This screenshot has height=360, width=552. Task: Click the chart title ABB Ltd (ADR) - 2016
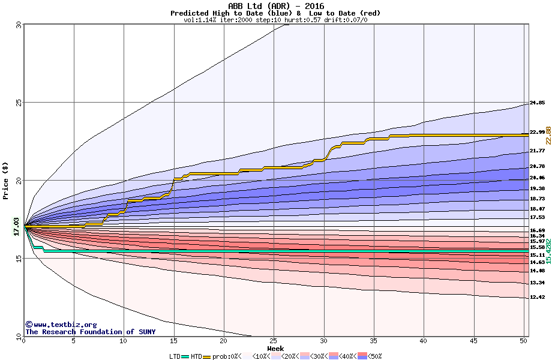tap(275, 6)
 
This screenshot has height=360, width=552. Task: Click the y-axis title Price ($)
tap(5, 181)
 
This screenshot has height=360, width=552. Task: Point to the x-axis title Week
tap(275, 349)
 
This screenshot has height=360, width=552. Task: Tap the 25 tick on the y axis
tap(18, 103)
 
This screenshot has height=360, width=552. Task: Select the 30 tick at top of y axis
tap(18, 25)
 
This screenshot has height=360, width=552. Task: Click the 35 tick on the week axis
tap(374, 341)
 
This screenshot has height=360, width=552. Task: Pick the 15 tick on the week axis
tap(173, 341)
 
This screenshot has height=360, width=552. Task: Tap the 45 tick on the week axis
tap(474, 341)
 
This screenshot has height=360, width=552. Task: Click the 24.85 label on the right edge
tap(537, 103)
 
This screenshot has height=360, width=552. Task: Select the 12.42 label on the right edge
tap(537, 297)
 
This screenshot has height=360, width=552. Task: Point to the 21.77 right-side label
tap(537, 151)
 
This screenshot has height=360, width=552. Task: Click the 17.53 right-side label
tap(537, 217)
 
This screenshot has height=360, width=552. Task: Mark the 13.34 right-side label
tap(537, 283)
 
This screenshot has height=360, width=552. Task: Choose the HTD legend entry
tap(196, 356)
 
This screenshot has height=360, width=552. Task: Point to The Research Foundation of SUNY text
tap(88, 332)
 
